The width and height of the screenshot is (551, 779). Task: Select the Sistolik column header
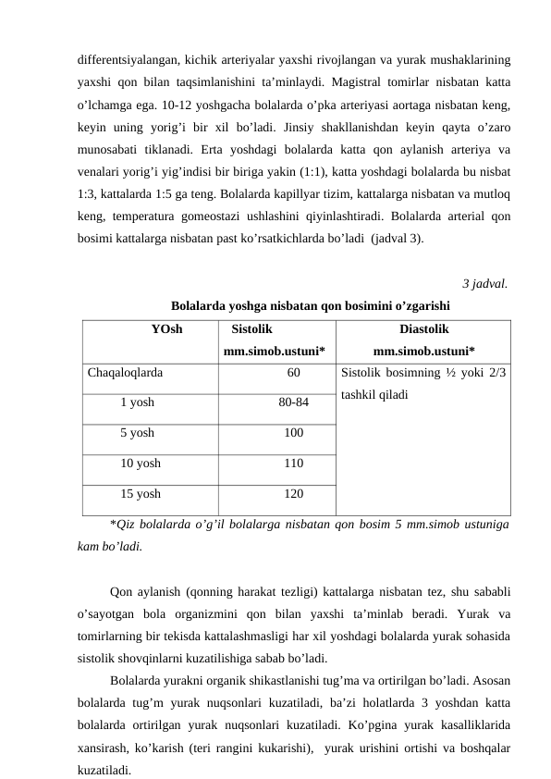click(x=251, y=328)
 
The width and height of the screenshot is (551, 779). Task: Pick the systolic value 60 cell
click(x=293, y=374)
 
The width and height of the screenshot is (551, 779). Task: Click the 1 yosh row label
click(x=138, y=402)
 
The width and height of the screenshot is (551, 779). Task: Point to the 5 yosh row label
click(x=138, y=432)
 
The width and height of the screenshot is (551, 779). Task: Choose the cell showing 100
click(x=293, y=432)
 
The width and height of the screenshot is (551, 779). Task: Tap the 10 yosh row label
click(x=141, y=463)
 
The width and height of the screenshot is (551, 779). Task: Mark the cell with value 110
click(x=293, y=463)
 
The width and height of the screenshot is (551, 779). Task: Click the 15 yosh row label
click(x=141, y=493)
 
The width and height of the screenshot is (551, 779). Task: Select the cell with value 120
click(x=293, y=493)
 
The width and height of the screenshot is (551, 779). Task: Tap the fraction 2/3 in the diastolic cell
click(x=496, y=374)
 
